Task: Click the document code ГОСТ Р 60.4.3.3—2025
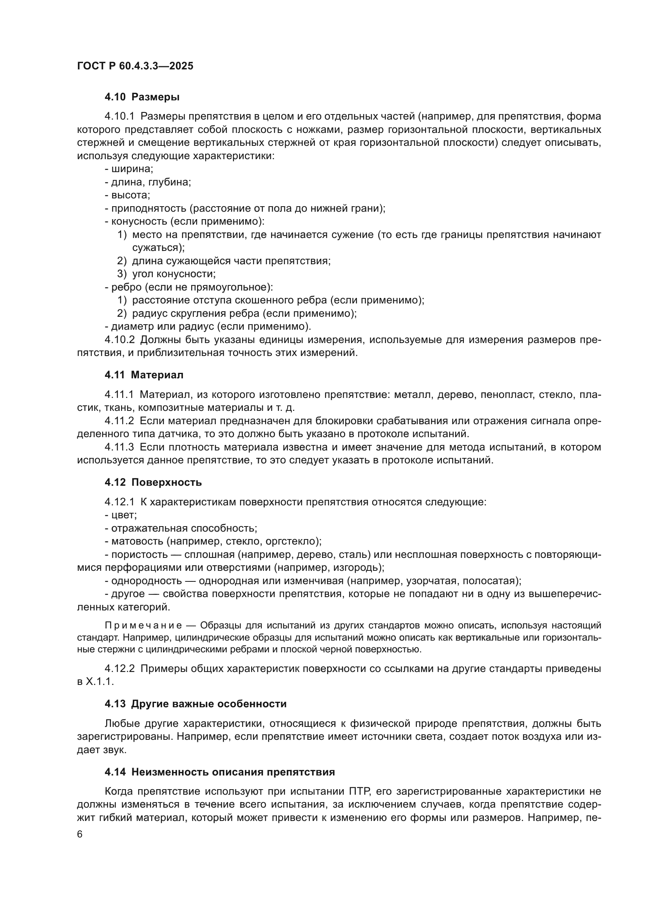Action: (135, 66)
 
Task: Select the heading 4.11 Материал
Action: (144, 375)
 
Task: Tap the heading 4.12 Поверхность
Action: (153, 482)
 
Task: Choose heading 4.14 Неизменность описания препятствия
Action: (219, 772)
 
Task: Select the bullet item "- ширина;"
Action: (129, 169)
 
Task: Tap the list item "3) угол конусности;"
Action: (167, 274)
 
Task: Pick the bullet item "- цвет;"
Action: (121, 515)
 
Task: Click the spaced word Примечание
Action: (144, 625)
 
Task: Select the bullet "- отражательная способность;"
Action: (181, 528)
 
